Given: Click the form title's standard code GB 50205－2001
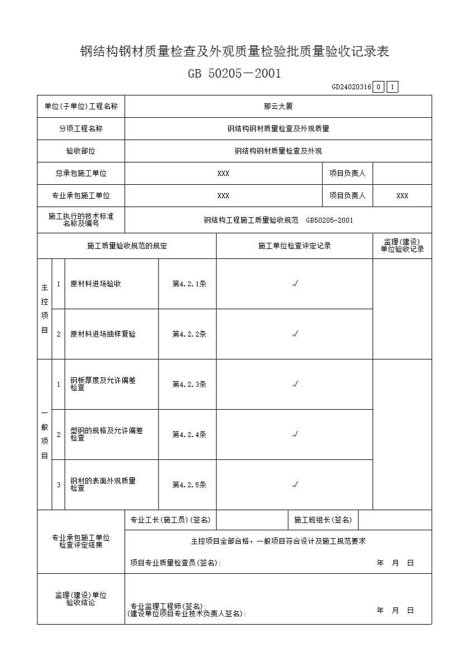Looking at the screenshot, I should pos(234,73).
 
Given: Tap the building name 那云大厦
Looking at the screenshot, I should pos(278,106).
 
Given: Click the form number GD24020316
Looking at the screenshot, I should pos(351,87).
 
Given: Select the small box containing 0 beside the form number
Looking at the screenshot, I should pos(379,87).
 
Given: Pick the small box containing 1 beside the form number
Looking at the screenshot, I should pos(392,87).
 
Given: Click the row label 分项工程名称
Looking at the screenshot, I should pos(81,128).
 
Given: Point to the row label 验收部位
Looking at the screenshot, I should pos(81,151).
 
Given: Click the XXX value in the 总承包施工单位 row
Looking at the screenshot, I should pos(223,174).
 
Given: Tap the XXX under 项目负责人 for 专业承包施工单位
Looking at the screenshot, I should pos(402,196).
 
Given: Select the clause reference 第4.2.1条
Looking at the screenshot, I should pos(189,284).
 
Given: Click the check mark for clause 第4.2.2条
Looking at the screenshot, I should pos(295,334).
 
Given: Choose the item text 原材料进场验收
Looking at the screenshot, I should pos(95,284).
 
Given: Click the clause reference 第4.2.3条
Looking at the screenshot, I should pos(189,384).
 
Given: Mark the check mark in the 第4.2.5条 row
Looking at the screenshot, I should pos(295,484).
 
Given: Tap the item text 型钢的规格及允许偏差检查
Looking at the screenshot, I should pos(106,434).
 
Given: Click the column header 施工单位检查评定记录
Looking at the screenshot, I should pos(294,246).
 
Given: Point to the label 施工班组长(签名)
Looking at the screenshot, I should pos(323,520).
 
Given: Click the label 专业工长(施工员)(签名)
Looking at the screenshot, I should pos(170,520).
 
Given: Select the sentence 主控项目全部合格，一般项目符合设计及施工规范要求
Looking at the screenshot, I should pos(278,541).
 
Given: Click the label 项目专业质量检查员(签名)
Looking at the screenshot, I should pos(175,563).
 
